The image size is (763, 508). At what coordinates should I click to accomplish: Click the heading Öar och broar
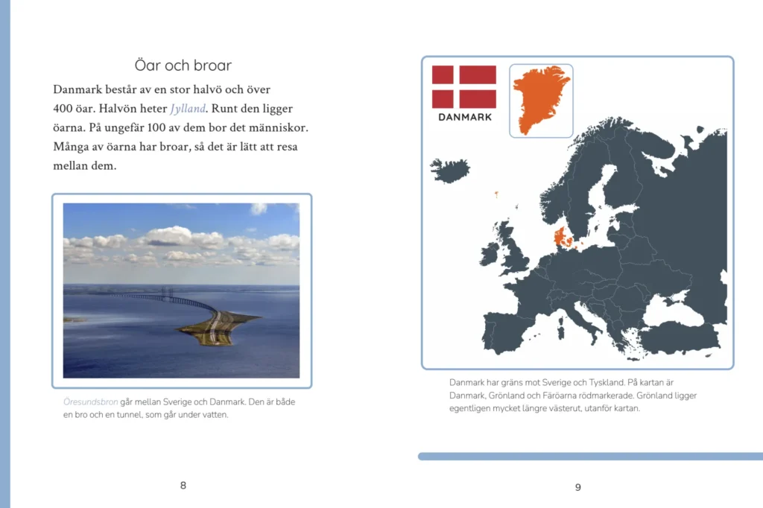(x=183, y=66)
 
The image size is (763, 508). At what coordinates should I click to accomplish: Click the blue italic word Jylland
(x=188, y=109)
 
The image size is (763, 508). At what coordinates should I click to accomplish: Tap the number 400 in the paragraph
(x=63, y=109)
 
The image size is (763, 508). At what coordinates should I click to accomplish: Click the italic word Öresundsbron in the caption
(x=90, y=402)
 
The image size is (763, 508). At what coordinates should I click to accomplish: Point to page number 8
(x=183, y=485)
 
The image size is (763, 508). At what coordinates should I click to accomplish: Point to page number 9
(x=578, y=487)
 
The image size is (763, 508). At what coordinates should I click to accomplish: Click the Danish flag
(x=464, y=86)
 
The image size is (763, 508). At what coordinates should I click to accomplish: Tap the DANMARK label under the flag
(x=465, y=117)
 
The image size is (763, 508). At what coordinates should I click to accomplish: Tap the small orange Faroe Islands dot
(x=496, y=194)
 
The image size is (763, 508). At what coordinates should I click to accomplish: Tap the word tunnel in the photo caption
(x=129, y=415)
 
